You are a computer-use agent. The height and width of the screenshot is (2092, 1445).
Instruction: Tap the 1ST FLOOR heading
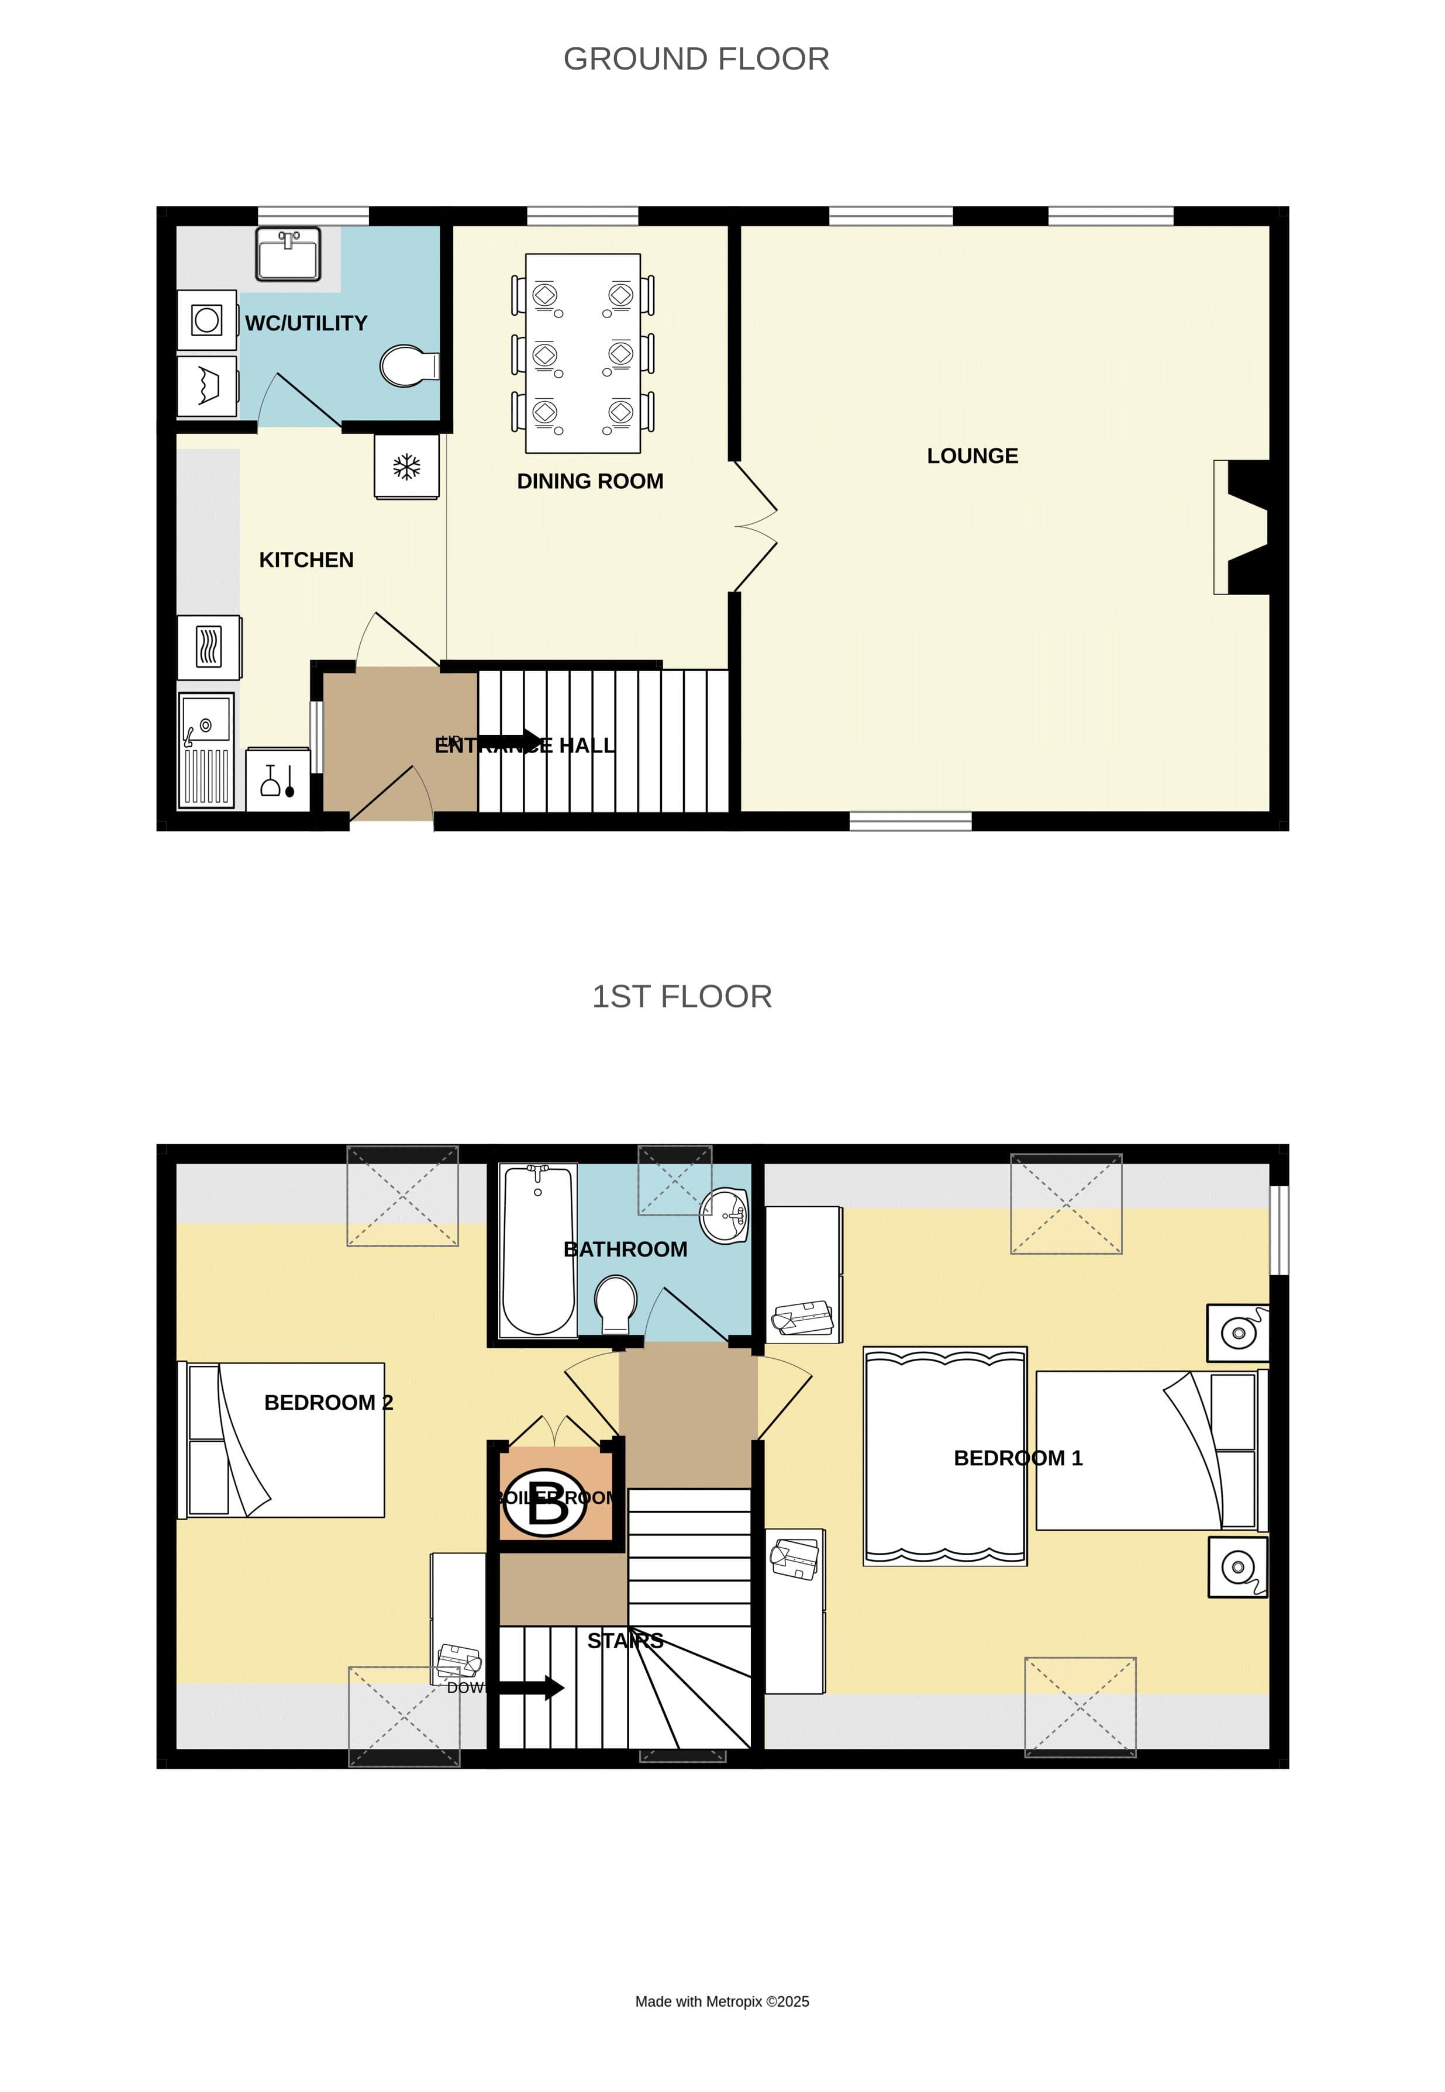pos(682,997)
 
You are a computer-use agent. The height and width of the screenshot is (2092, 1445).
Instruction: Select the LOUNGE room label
pos(972,456)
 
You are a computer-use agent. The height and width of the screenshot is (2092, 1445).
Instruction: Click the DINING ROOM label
pos(589,482)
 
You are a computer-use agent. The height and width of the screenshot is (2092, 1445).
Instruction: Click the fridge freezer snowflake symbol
pos(406,467)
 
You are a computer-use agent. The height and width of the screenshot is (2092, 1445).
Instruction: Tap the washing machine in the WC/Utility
pos(208,320)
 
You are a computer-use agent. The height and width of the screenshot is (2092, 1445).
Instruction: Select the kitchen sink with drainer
pos(206,750)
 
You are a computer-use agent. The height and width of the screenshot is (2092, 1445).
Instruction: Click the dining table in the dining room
pos(583,353)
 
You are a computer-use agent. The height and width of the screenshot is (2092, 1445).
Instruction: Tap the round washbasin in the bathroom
pos(725,1217)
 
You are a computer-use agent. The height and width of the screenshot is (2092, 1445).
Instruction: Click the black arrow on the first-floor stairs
pos(532,1687)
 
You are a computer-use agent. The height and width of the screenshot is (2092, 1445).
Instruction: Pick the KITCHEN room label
pos(306,560)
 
